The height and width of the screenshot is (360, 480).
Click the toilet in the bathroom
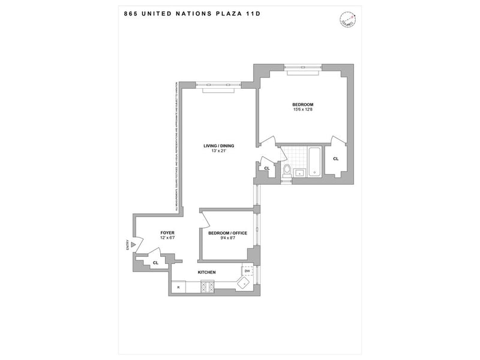coord(287,170)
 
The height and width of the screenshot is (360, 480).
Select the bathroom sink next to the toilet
coord(301,173)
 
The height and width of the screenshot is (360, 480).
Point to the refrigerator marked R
coord(178,287)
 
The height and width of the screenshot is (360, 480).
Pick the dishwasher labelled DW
coord(247,272)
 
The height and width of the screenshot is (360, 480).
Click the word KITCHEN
coord(207,272)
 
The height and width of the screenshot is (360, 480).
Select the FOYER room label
coord(167,232)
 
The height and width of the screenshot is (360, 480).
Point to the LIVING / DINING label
coord(218,145)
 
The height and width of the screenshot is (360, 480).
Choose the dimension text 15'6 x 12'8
coord(303,109)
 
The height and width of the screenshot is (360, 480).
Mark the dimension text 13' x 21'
coord(218,151)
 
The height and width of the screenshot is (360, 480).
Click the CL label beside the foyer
coord(155,263)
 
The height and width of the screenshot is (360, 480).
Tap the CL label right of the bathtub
coord(335,158)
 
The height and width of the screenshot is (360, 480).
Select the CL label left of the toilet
coord(266,168)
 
